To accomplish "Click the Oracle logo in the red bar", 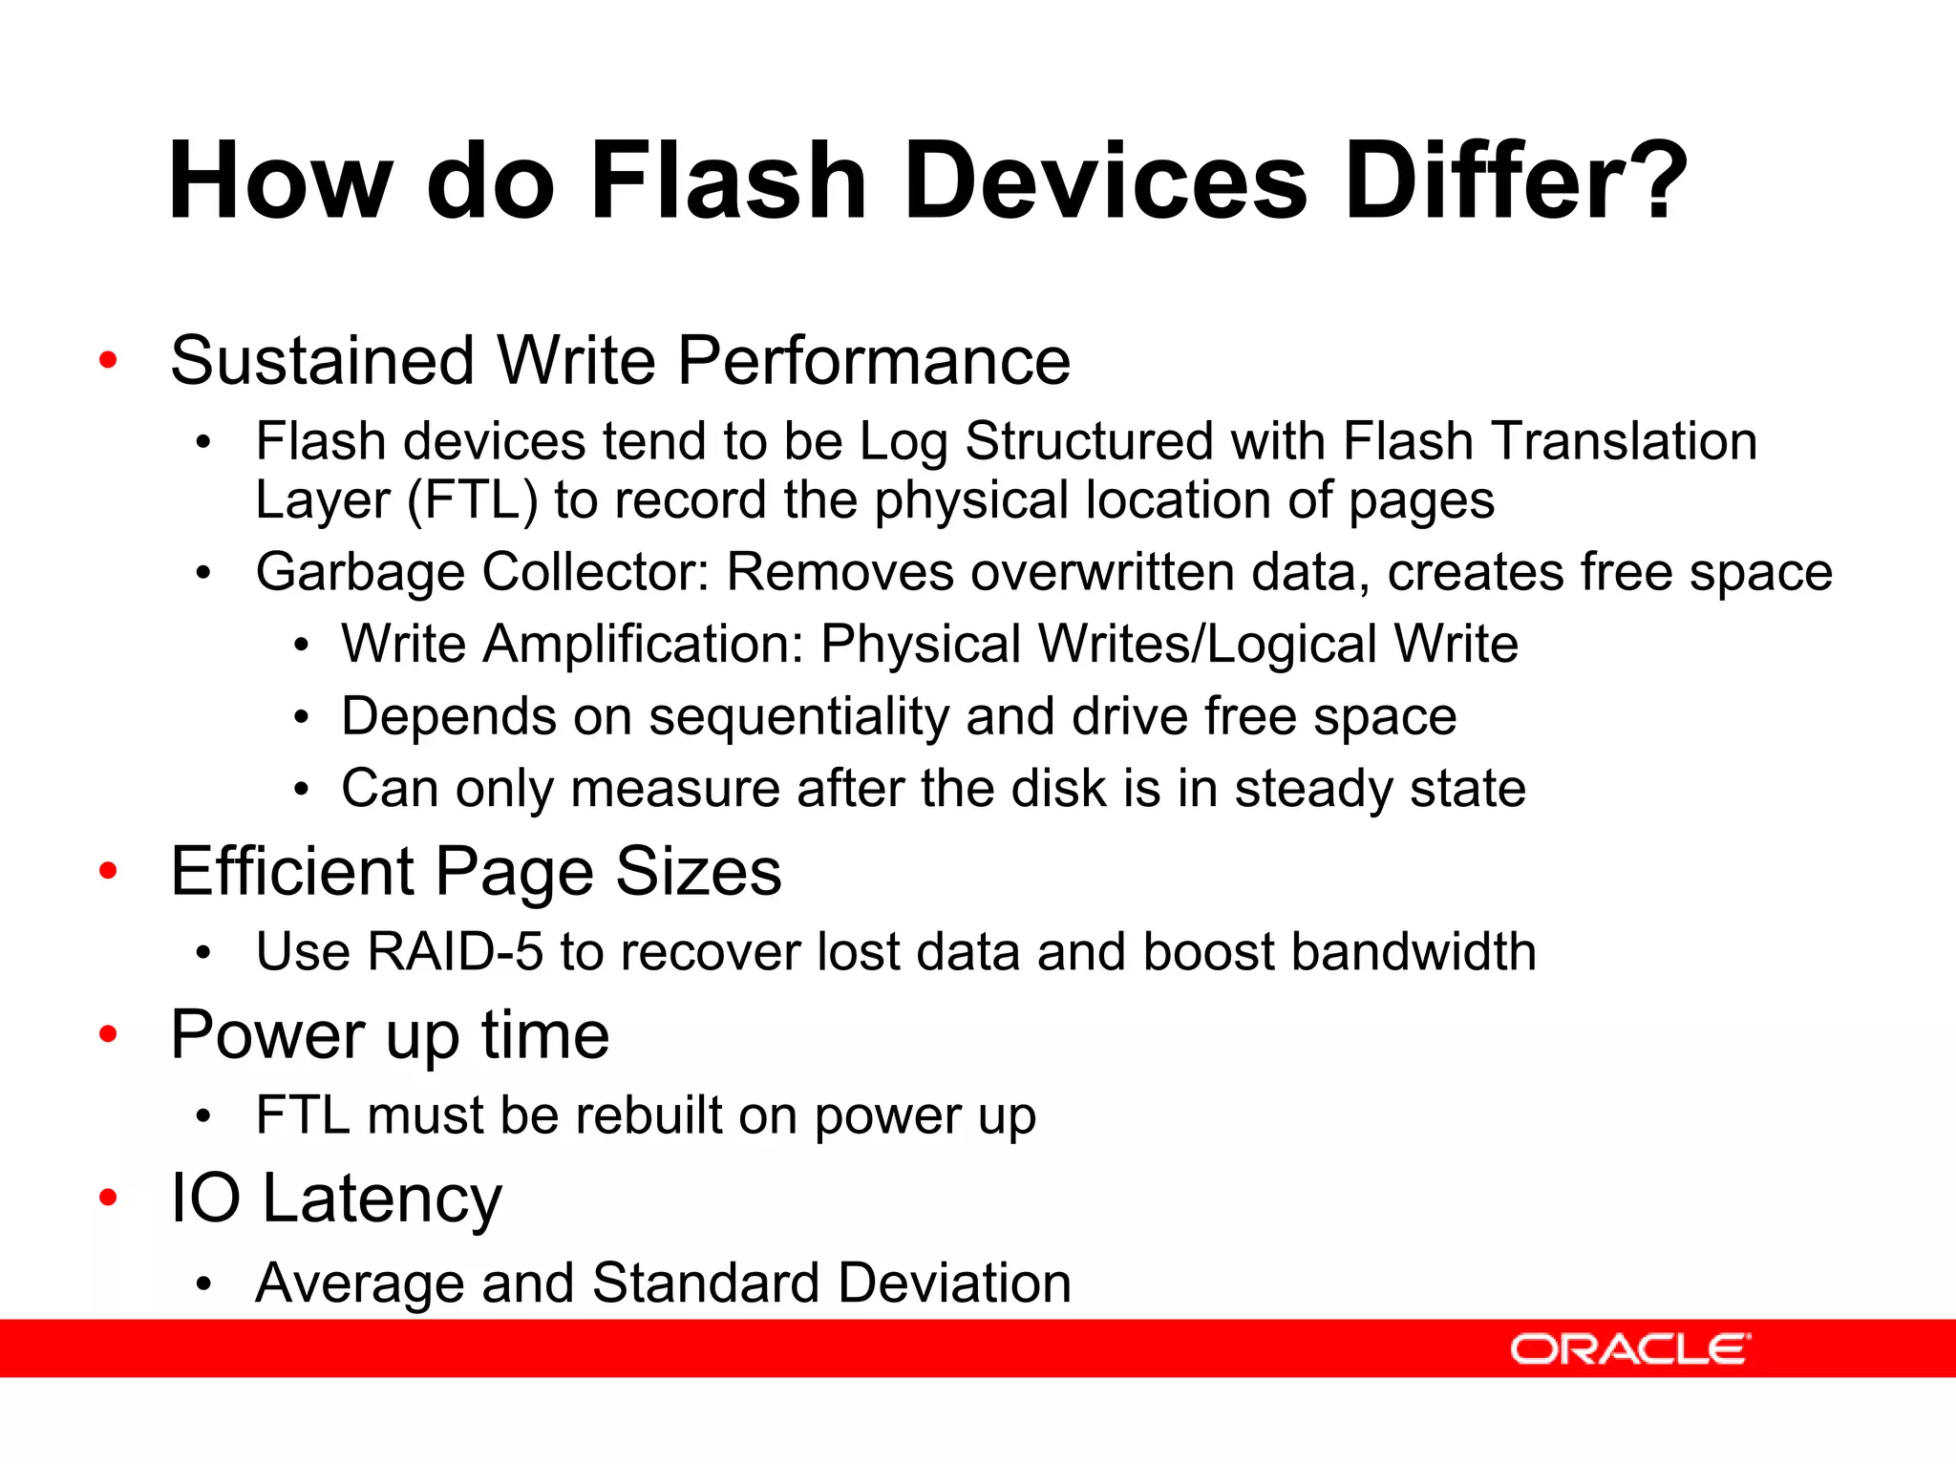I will [x=1629, y=1348].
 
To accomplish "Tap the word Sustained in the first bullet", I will [x=322, y=361].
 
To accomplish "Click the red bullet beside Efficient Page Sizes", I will [x=108, y=871].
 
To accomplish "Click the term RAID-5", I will [x=455, y=952].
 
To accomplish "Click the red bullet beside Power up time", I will [x=108, y=1034].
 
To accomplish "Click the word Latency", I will [x=381, y=1199].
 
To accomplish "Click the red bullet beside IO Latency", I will [x=108, y=1198].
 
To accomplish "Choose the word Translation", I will [x=1624, y=442].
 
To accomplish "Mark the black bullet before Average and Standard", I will [x=202, y=1284].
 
